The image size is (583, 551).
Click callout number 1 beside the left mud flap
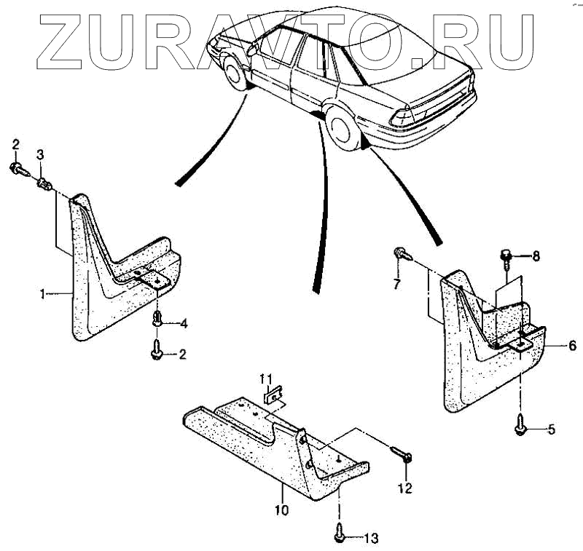43,293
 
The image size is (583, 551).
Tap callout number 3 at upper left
40,154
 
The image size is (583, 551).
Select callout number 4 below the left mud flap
184,322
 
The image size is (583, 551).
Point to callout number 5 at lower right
552,429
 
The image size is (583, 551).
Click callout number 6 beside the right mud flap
572,346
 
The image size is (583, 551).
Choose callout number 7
397,284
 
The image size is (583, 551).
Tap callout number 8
536,256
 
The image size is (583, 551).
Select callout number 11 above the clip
267,378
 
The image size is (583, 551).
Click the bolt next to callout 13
340,535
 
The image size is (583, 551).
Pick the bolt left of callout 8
504,255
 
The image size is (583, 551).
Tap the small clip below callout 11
273,397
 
